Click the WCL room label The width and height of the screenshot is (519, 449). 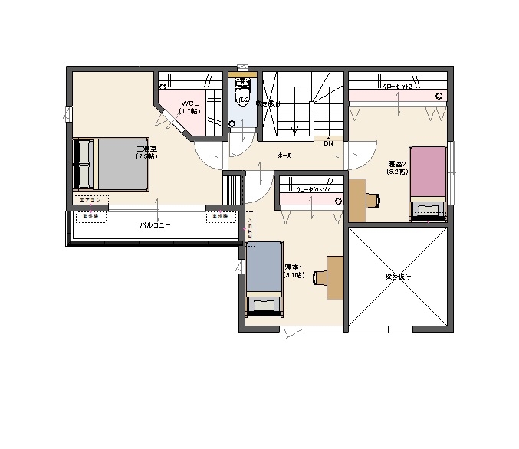tap(189, 107)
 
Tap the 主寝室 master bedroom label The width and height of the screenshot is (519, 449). tap(146, 152)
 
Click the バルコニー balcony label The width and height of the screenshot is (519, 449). tap(155, 225)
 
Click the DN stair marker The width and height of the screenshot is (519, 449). tap(328, 143)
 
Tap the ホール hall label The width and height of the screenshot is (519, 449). tap(284, 155)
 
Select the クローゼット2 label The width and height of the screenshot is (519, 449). tap(398, 87)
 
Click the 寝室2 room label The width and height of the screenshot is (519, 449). tap(397, 168)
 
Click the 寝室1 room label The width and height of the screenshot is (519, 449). tap(294, 270)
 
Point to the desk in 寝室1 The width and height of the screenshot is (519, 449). tap(334, 278)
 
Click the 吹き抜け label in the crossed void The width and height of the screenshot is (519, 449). tap(398, 276)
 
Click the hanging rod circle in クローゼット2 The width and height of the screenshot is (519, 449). tap(439, 97)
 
